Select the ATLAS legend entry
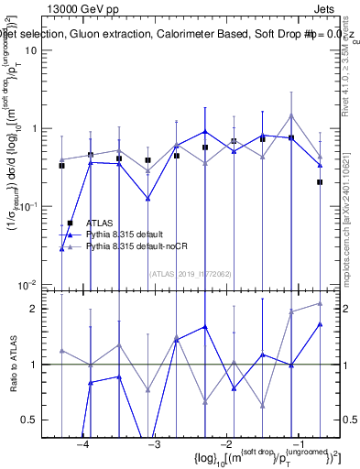(100, 223)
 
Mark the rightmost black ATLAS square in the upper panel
(320, 182)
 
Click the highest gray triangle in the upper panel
(290, 115)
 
